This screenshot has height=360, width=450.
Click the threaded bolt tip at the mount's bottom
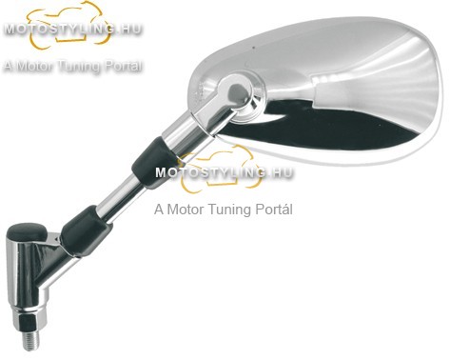click(31, 341)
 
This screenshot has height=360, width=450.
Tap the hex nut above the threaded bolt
click(29, 322)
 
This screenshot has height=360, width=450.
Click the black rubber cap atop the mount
click(28, 231)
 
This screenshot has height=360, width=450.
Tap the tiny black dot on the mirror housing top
click(253, 48)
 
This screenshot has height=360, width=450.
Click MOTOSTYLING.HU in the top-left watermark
click(72, 30)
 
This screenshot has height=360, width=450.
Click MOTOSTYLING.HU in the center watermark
click(224, 172)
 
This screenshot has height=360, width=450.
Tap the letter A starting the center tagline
click(159, 210)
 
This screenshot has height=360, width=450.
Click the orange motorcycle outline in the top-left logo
click(68, 24)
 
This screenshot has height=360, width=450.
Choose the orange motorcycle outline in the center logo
click(221, 169)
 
